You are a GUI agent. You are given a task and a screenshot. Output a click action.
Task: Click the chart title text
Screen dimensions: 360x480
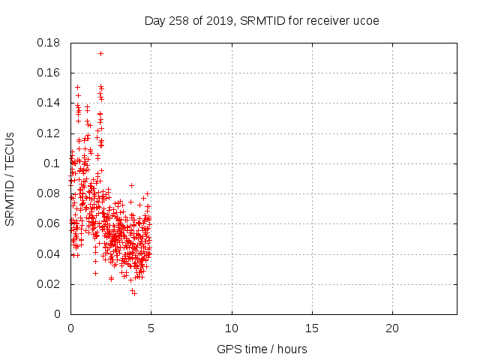pyautogui.click(x=262, y=20)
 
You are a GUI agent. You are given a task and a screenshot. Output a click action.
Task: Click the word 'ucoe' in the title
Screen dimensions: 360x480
pyautogui.click(x=367, y=20)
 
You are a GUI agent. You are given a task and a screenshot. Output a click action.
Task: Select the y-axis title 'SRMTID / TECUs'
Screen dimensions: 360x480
pyautogui.click(x=10, y=178)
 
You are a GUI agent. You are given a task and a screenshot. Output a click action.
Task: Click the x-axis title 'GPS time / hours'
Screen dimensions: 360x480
pyautogui.click(x=262, y=349)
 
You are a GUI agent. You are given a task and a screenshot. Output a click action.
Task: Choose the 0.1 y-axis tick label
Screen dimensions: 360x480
pyautogui.click(x=52, y=163)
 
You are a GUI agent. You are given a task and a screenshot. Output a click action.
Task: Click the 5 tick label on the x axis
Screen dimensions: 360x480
pyautogui.click(x=151, y=328)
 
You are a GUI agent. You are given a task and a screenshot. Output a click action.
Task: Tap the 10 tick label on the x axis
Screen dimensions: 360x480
pyautogui.click(x=232, y=328)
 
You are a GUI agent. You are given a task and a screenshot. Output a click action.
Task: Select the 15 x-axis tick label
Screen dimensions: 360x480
pyautogui.click(x=312, y=328)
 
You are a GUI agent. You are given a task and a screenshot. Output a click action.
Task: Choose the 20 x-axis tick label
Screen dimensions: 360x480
pyautogui.click(x=392, y=328)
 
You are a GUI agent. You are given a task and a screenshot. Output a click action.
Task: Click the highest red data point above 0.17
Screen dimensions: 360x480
pyautogui.click(x=100, y=53)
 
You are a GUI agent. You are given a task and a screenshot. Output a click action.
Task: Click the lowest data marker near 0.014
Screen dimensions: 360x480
pyautogui.click(x=134, y=292)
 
